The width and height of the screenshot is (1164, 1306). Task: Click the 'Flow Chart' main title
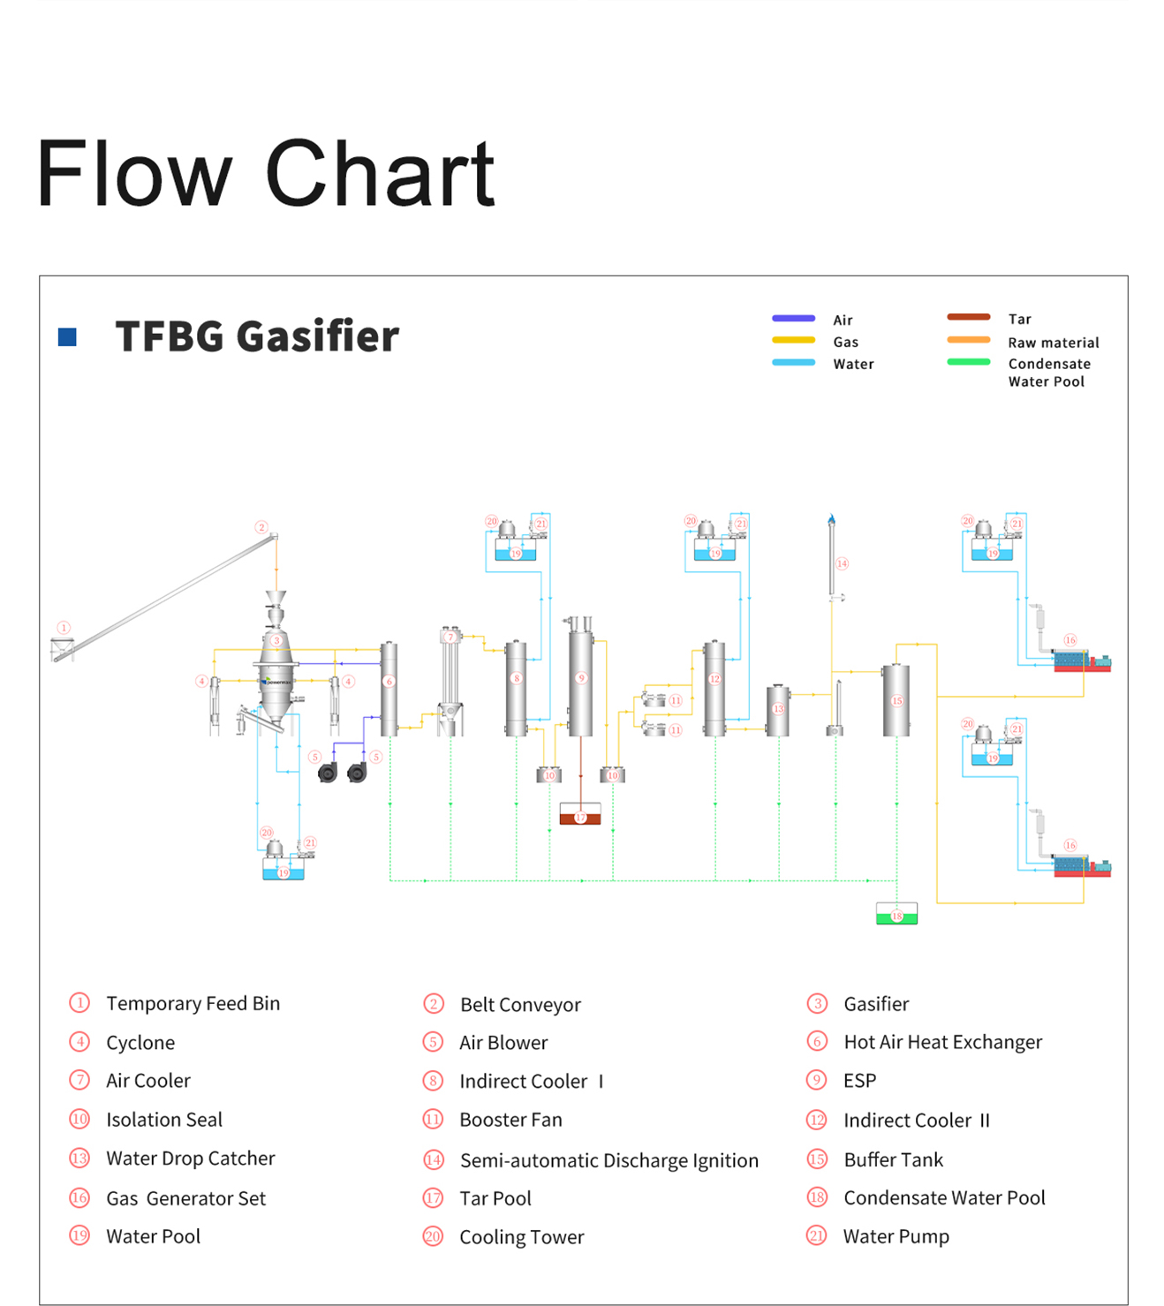(265, 173)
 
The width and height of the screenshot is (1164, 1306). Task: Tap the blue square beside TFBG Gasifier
(67, 336)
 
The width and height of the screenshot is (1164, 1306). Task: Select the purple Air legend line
(793, 319)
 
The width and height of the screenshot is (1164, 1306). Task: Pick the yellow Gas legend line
(793, 340)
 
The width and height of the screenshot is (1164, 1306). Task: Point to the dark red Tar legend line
(968, 317)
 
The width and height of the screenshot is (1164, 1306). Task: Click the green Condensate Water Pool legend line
(968, 362)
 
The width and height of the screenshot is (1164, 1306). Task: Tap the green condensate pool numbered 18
(896, 914)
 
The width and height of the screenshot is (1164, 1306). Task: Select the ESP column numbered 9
(580, 680)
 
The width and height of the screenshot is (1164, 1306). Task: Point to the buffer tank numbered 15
(896, 699)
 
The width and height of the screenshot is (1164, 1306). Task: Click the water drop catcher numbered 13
(778, 710)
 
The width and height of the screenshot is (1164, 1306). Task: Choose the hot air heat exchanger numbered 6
(389, 689)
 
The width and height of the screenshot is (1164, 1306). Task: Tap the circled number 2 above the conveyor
(261, 527)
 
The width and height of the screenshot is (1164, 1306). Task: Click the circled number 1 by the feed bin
(64, 628)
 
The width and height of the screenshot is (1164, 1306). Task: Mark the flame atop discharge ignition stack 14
(831, 519)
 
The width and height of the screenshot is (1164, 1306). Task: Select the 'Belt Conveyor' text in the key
(520, 1005)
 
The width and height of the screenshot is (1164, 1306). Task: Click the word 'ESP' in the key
(859, 1081)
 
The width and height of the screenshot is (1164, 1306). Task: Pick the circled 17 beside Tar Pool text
(433, 1198)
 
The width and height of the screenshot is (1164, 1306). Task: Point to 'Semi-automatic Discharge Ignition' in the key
(608, 1160)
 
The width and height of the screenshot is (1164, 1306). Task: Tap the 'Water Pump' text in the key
(896, 1236)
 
